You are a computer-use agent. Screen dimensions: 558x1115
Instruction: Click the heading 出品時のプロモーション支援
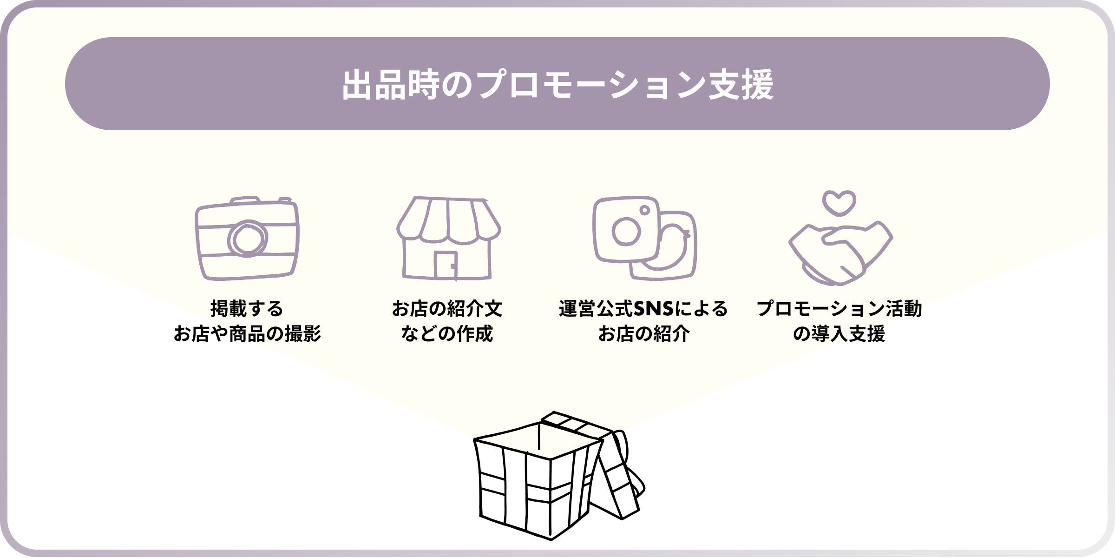pos(557,84)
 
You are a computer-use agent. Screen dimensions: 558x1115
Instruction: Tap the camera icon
pos(247,238)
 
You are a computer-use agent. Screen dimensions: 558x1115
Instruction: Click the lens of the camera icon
pos(247,239)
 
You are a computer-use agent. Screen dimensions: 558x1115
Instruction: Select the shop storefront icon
pos(448,238)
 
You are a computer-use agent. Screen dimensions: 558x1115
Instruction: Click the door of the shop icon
pos(445,265)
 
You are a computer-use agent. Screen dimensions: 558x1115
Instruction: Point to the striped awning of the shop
pos(448,219)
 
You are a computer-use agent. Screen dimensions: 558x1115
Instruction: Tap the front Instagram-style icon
pos(625,229)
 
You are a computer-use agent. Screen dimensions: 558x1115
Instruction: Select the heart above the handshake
pos(839,203)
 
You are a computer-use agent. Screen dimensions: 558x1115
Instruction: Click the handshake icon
pos(840,253)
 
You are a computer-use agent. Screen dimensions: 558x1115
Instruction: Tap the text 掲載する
pos(247,309)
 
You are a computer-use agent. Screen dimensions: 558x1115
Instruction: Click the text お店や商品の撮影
pos(247,334)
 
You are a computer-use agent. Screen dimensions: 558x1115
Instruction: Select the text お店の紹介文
pos(447,309)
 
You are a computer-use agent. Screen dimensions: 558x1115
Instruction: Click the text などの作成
pos(447,334)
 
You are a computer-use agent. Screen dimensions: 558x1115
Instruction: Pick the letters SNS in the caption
pos(654,309)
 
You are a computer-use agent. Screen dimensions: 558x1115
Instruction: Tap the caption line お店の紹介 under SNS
pos(643,334)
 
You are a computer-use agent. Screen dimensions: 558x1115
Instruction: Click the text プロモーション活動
pos(839,309)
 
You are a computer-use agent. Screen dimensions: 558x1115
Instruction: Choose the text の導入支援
pos(839,334)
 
